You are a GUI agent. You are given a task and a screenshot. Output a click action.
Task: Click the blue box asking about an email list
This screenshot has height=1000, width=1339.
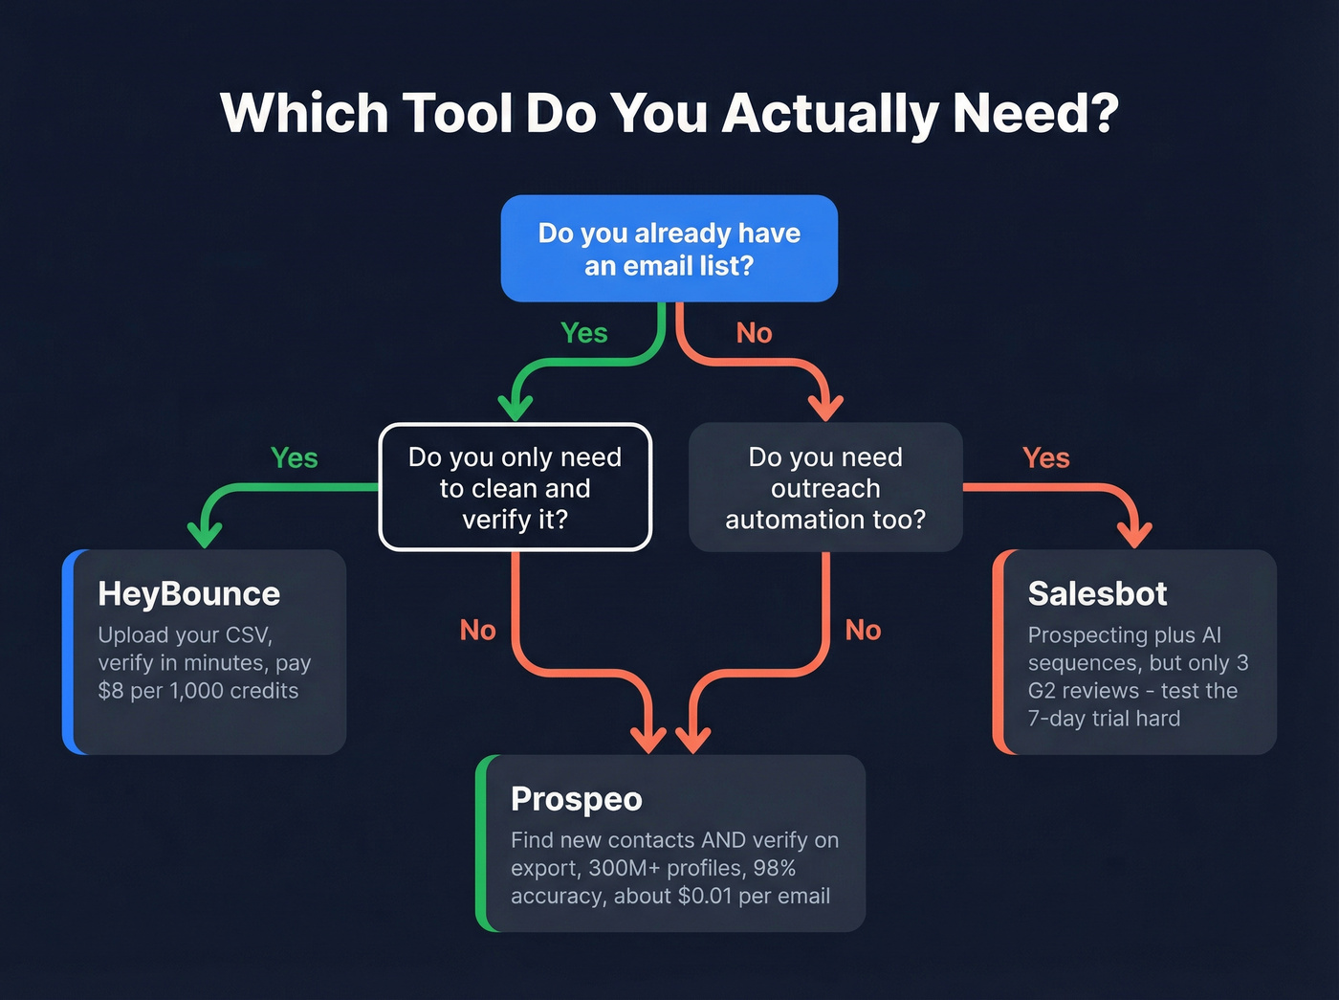669,249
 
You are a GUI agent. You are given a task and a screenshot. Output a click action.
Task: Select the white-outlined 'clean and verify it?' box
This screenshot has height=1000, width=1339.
516,487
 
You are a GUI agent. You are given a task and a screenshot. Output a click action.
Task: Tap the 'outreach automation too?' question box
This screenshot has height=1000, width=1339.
825,487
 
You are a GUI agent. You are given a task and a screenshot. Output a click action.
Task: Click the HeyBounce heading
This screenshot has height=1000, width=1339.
188,594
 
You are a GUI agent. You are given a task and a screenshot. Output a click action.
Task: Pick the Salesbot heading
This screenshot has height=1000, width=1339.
1097,594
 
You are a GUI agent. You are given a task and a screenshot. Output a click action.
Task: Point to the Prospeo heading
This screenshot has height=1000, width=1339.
576,799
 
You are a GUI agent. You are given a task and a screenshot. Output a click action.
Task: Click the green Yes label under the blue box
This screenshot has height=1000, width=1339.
583,333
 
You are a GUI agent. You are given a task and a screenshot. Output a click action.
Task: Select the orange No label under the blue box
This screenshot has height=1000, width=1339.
754,333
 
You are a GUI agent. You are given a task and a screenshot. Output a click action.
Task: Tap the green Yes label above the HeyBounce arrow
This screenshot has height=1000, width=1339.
294,458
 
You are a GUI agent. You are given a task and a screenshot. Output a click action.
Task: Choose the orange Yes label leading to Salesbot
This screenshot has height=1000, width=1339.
1045,458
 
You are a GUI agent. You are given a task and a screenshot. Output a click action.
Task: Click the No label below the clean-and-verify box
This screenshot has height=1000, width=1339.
477,631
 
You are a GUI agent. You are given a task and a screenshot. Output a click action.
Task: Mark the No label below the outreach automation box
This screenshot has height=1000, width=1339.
863,631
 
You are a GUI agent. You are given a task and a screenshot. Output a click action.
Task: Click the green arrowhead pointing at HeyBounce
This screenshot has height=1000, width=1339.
205,534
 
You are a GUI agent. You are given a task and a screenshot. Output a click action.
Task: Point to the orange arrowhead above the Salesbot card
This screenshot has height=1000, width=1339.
1134,534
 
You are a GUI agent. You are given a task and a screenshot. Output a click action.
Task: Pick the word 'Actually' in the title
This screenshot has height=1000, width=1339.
829,113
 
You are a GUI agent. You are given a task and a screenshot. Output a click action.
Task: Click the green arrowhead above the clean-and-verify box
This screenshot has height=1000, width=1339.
516,407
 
